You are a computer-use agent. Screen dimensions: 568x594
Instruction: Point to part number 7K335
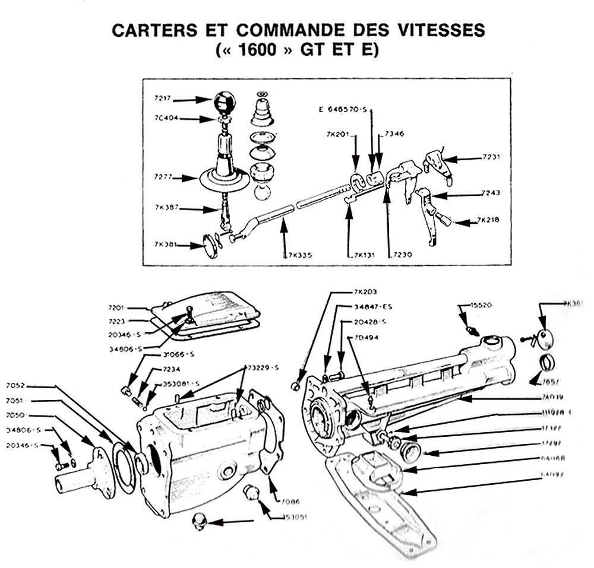(299, 255)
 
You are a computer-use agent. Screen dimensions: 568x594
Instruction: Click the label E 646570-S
(343, 110)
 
